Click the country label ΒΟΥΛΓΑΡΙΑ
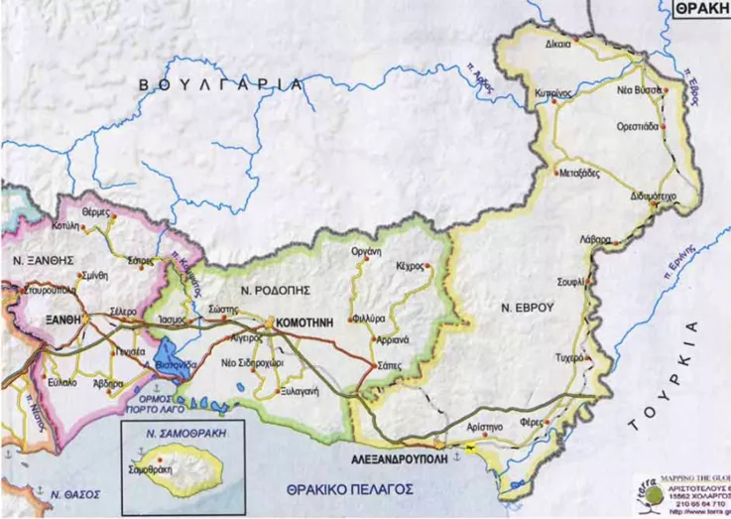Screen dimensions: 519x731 pos(221,85)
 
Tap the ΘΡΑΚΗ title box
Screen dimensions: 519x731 pos(702,8)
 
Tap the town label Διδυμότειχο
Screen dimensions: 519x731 pos(653,197)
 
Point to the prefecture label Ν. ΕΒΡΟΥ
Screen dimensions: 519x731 pos(527,308)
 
